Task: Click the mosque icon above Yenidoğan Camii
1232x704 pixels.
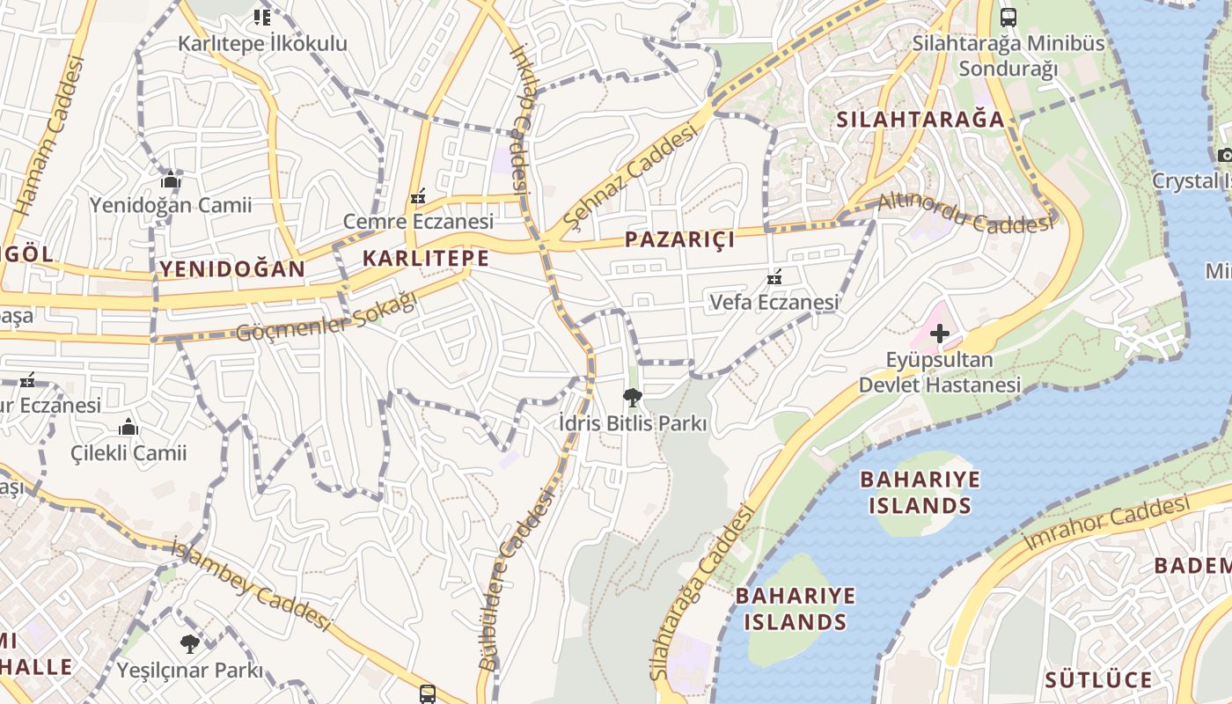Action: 171,180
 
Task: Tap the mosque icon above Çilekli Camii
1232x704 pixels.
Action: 128,429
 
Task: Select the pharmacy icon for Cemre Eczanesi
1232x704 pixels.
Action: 418,196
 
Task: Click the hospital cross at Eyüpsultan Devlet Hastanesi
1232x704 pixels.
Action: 940,334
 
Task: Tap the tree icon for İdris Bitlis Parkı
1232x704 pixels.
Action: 632,398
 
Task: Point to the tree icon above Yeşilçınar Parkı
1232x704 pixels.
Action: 190,644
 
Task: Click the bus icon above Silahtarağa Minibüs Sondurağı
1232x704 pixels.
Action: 1008,17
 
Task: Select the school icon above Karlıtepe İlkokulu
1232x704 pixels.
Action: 261,17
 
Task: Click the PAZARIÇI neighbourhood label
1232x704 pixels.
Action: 679,239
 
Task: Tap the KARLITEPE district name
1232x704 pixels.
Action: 425,258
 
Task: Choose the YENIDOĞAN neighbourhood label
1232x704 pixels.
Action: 231,268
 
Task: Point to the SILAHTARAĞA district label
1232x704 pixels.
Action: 920,120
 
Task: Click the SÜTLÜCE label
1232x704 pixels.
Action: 1097,679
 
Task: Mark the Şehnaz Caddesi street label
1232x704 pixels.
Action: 630,174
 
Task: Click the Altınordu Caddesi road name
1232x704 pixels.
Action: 965,212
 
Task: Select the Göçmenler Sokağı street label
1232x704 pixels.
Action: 326,318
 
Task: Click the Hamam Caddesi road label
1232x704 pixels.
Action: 51,136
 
